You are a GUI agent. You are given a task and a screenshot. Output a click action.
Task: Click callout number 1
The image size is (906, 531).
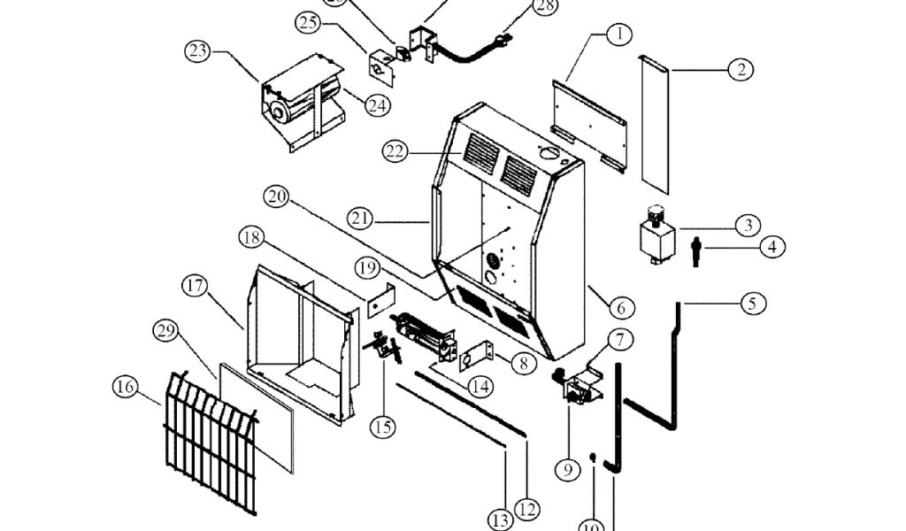click(619, 35)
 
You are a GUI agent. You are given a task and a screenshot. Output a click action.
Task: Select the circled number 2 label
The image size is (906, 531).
click(741, 69)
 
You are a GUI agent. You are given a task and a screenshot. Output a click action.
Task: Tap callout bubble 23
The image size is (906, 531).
click(197, 50)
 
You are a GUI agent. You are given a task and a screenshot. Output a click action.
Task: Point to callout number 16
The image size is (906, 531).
click(126, 387)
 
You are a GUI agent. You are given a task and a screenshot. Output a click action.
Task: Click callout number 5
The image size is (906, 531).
click(752, 304)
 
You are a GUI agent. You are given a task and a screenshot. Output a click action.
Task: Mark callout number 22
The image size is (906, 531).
click(395, 151)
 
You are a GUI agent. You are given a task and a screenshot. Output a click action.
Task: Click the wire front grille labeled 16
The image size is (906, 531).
click(208, 442)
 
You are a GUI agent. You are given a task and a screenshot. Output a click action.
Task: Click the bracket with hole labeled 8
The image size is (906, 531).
click(478, 357)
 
